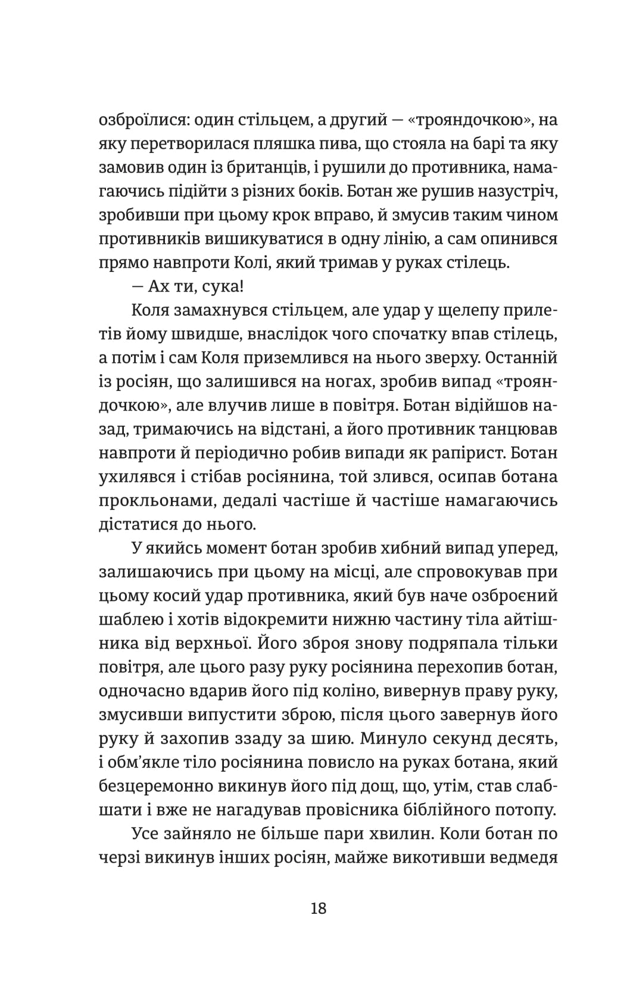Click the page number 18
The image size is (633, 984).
tap(318, 908)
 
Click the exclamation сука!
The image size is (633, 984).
tap(218, 287)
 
